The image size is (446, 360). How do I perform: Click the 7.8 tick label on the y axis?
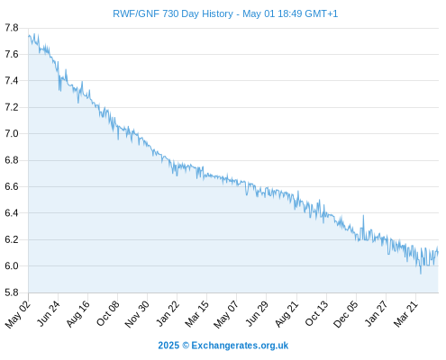point(12,28)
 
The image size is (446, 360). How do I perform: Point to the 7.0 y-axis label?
point(12,133)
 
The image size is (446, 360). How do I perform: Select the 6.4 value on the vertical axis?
point(12,213)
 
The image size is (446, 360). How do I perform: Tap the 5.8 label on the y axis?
point(12,292)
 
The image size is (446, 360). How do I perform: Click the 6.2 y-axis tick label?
point(12,239)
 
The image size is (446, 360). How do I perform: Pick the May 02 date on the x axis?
point(17,314)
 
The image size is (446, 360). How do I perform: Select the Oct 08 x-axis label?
point(107,313)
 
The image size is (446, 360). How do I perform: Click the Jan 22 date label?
point(168,313)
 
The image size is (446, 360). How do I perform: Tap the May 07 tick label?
point(226,314)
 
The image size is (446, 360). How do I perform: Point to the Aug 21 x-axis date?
point(287,313)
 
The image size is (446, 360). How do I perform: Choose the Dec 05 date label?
point(346,314)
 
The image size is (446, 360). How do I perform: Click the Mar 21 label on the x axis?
point(405,313)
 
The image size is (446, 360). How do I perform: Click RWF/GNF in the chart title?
point(136,13)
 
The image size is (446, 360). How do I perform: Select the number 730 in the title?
point(170,13)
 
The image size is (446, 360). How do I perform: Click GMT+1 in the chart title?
point(322,13)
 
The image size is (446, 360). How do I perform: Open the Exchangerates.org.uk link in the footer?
point(240,346)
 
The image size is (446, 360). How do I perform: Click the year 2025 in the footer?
point(168,346)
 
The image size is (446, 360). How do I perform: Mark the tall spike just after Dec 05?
point(363,216)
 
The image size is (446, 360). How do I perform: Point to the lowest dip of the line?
point(421,273)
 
